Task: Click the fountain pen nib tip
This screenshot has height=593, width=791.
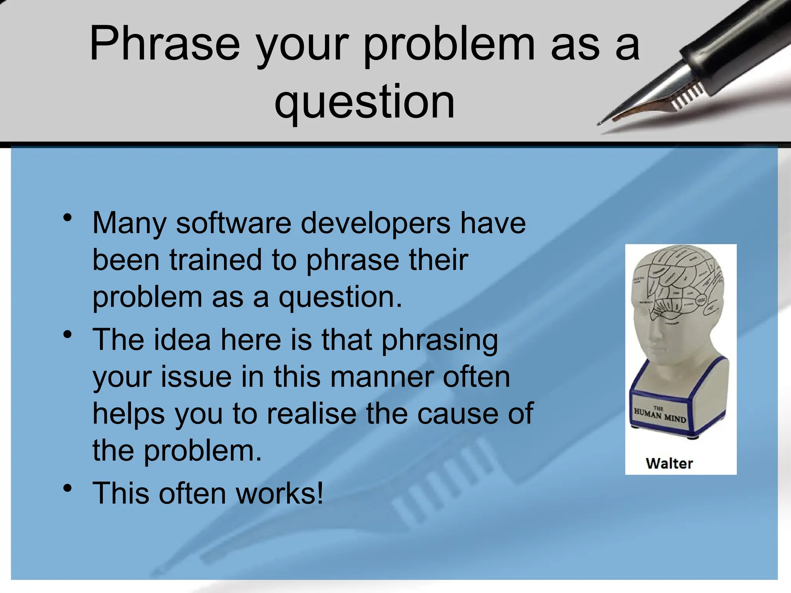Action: (x=601, y=123)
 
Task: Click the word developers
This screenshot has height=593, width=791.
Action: (x=375, y=224)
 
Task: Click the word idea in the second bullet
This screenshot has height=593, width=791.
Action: (x=182, y=340)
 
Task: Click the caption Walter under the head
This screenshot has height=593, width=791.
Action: (x=669, y=463)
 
